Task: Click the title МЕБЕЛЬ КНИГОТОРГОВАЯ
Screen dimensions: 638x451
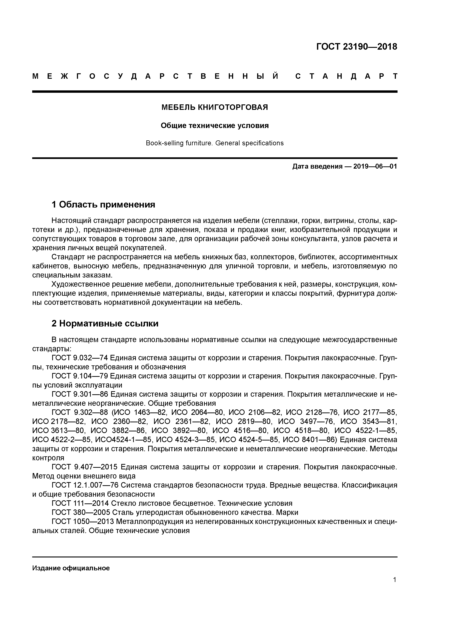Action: pos(215,107)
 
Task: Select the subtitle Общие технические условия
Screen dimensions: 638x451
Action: pos(215,126)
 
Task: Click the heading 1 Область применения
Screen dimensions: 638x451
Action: pos(103,205)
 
